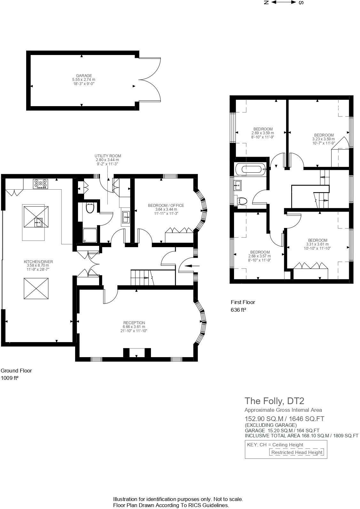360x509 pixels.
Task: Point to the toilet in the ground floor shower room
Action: click(x=90, y=208)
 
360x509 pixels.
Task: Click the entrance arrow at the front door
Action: click(x=192, y=265)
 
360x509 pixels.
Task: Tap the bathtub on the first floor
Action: click(x=250, y=169)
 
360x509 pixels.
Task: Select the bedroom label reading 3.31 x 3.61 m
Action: click(x=317, y=244)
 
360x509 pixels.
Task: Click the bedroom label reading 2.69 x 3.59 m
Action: click(x=263, y=133)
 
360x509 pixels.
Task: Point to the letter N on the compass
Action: click(x=266, y=3)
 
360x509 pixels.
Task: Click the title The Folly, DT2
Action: click(x=274, y=401)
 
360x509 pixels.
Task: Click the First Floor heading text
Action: click(x=243, y=302)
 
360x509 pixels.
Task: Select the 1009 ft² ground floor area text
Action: click(x=10, y=378)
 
